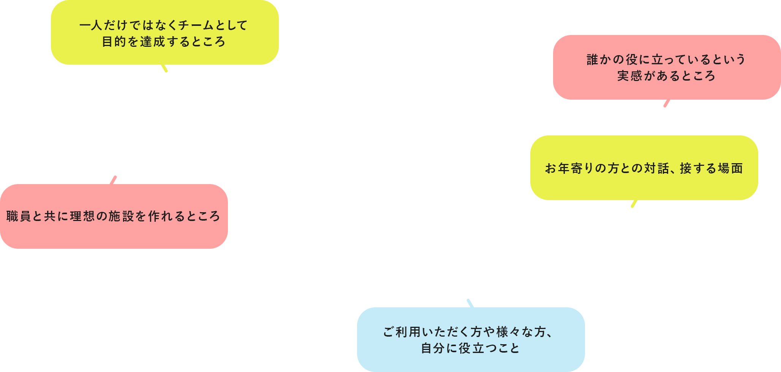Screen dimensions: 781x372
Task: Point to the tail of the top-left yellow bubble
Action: point(164,68)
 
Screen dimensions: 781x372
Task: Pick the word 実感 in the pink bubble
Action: point(629,76)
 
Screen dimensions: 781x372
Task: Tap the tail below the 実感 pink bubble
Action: point(667,103)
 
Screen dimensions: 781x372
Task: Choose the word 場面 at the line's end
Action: point(730,168)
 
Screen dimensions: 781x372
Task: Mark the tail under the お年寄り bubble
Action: point(634,203)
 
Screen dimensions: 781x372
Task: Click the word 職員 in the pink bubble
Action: point(19,216)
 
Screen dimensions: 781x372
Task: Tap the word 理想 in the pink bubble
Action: point(82,216)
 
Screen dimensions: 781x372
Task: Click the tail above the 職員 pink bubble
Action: point(113,180)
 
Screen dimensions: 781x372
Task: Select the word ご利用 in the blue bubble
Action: point(402,332)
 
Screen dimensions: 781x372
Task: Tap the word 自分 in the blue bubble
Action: point(433,348)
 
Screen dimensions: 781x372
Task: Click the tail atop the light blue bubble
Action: point(470,303)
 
